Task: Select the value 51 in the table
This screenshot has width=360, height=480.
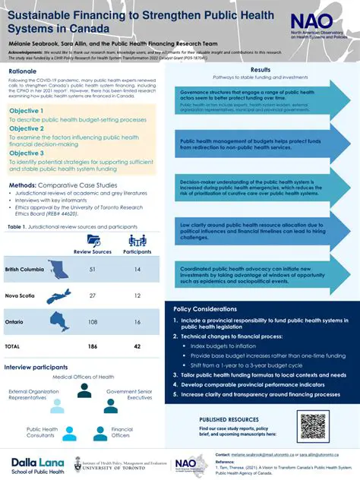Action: click(93, 270)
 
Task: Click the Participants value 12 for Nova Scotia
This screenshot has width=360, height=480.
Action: click(137, 296)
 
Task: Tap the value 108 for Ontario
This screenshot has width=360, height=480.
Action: click(93, 322)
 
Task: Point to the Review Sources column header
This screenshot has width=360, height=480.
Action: click(93, 251)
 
